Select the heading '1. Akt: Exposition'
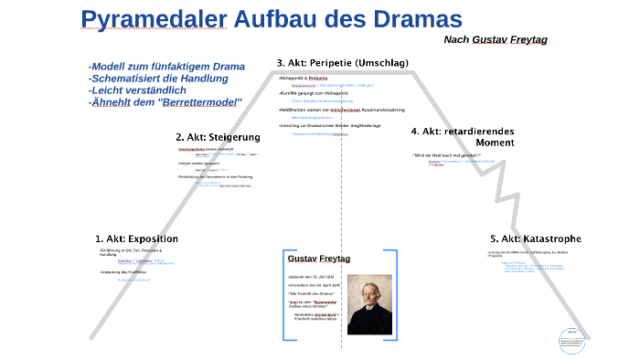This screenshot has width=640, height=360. tap(136, 238)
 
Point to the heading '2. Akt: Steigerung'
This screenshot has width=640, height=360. tap(218, 137)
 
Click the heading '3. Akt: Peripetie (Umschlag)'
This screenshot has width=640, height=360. tap(342, 63)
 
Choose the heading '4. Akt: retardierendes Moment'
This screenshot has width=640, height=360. tap(463, 137)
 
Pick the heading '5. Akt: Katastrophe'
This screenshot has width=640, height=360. tap(535, 238)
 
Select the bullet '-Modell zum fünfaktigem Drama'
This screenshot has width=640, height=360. tap(166, 67)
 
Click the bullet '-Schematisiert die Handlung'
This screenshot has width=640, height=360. tap(158, 79)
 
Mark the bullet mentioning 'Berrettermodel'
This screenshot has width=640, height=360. tap(165, 101)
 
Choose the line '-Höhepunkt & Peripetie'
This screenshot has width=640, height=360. tap(303, 79)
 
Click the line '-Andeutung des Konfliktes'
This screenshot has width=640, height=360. tap(123, 271)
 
